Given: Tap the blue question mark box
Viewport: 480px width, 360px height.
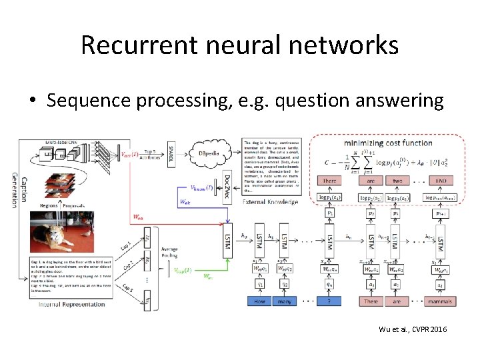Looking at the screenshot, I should (x=329, y=301).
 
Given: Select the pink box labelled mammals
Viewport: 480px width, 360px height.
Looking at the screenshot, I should (x=440, y=301).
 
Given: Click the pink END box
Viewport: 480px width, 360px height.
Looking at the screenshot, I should (x=440, y=180).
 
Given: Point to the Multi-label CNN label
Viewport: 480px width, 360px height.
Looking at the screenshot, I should (x=63, y=142).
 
